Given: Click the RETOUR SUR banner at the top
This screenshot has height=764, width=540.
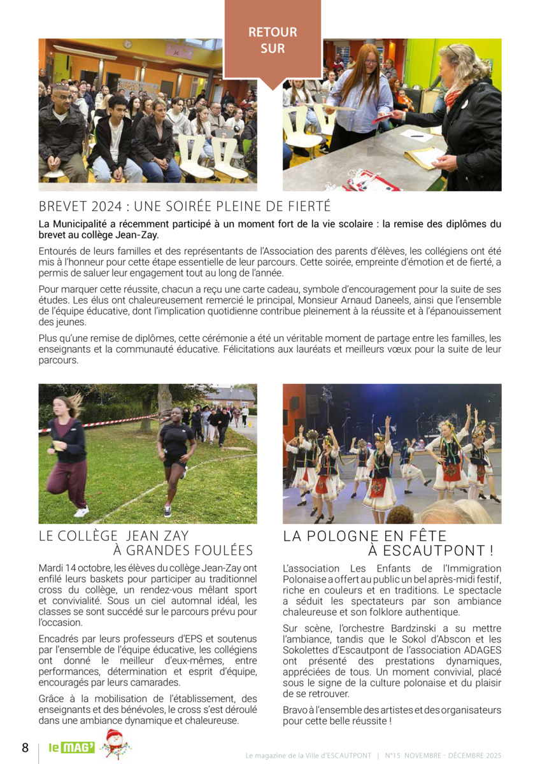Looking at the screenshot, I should pos(273,39).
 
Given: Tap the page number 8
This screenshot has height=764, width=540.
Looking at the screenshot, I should pos(25,747).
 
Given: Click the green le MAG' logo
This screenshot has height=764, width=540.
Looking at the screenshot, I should pos(72,747).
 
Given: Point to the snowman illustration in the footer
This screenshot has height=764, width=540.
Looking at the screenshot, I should pos(115,744).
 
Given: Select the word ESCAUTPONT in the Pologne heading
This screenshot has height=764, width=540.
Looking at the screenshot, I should pos(434,551).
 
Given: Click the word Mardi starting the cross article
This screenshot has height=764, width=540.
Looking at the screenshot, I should pos(51,568).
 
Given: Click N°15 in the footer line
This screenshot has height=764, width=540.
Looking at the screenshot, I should pos(393,755).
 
